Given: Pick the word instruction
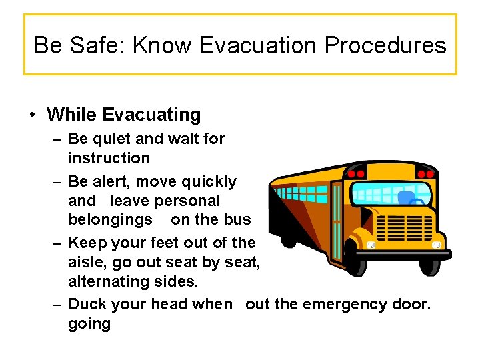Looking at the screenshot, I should (109, 158).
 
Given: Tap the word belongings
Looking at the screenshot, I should (110, 219).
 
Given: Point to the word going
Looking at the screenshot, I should (89, 324).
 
